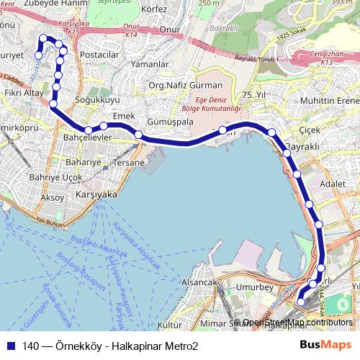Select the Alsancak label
[x=198, y=282]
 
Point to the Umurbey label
[x=256, y=287]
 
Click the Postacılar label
[x=99, y=55]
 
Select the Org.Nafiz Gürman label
[x=175, y=86]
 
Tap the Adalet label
[x=332, y=184]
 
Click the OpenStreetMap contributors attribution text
[x=297, y=323]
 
